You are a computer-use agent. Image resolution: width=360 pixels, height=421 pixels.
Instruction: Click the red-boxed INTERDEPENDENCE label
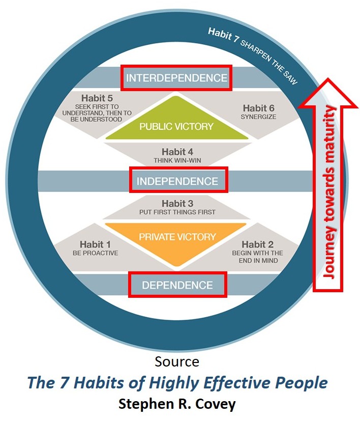[176, 78]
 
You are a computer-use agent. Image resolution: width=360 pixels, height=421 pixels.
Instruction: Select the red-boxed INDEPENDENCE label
[178, 181]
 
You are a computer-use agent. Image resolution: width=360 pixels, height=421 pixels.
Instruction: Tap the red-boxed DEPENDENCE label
[177, 285]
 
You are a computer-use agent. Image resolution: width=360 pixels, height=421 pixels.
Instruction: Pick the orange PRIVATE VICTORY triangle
[177, 239]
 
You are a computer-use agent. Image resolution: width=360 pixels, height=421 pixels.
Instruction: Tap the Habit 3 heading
[177, 203]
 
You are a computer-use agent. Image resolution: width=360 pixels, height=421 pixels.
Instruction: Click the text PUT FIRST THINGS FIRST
[177, 212]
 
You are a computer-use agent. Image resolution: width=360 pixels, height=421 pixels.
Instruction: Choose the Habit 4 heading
[177, 151]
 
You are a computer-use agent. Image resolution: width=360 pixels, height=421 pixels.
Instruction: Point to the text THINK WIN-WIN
[177, 160]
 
